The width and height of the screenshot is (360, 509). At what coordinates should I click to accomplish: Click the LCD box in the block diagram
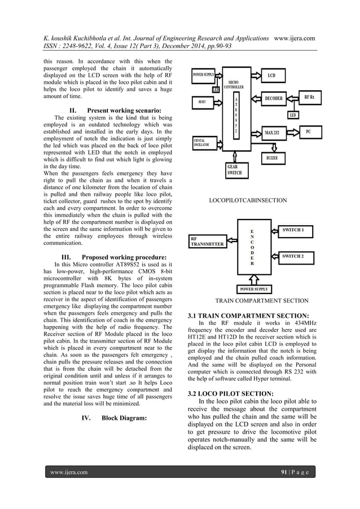271,74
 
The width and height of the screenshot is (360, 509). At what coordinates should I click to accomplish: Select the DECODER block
274,98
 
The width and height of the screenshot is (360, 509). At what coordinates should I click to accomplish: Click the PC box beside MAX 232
308,131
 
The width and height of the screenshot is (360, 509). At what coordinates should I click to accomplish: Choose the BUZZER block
272,158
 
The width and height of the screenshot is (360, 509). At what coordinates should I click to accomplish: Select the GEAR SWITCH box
232,171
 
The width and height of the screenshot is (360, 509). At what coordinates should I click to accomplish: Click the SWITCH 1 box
297,230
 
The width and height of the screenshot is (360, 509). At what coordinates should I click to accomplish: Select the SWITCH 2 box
297,256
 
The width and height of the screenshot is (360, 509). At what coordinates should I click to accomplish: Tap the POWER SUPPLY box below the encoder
254,289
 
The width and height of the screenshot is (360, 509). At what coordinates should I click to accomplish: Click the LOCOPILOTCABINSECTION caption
248,200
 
